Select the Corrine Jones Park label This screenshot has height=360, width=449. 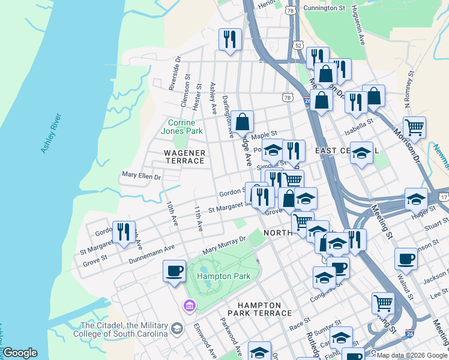point(181,127)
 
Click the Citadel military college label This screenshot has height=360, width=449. point(120,329)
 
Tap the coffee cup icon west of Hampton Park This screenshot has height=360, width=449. point(174,271)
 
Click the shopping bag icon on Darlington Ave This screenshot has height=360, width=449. point(241,122)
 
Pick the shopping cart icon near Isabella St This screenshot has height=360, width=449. point(414,127)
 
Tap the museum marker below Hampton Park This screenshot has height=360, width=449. point(190,306)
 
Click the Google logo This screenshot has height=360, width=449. point(20,353)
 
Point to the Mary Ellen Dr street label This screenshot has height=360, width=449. point(142,176)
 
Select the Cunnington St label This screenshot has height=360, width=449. point(324,8)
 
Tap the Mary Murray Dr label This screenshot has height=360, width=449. point(224,244)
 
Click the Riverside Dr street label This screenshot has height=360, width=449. point(175,73)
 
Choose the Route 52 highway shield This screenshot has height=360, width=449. point(297,46)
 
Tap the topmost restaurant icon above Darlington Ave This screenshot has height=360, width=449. point(230,40)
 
